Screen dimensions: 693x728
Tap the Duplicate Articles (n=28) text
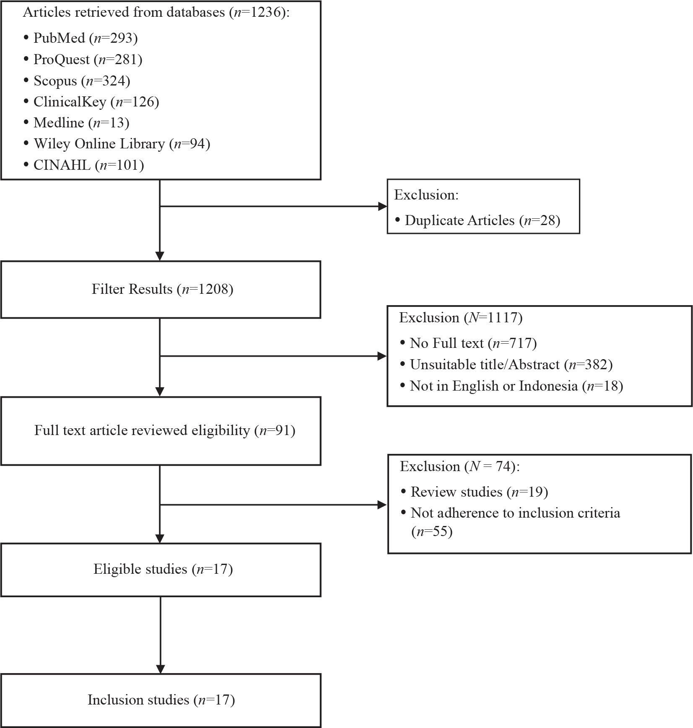click(483, 220)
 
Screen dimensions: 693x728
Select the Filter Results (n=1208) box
click(161, 290)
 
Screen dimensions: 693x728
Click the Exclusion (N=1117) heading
click(461, 318)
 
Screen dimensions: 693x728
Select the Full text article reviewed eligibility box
click(161, 431)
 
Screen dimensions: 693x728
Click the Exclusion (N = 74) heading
click(460, 466)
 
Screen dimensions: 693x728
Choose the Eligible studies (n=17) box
click(161, 570)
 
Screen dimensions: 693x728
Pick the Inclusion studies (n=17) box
click(161, 701)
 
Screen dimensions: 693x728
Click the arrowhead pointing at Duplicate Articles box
click(382, 206)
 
